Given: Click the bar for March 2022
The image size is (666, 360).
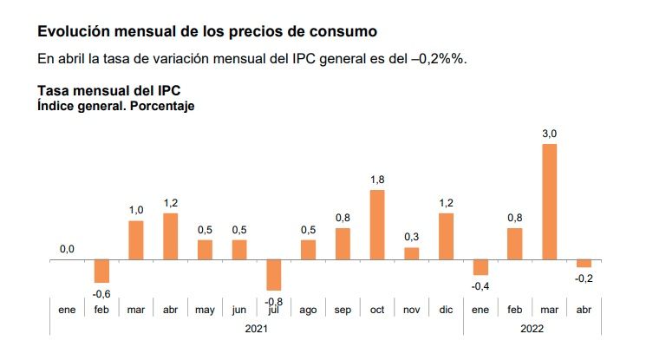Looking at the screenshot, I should click(549, 202).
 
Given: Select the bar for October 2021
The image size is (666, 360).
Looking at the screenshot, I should click(377, 225).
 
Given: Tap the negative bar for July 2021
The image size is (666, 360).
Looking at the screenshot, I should click(274, 275).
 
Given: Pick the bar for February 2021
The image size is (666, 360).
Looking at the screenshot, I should click(101, 271).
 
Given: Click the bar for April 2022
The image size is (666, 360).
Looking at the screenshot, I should click(584, 263).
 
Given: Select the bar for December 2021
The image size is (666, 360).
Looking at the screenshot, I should click(446, 236).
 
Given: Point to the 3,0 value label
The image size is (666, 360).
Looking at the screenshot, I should click(549, 133).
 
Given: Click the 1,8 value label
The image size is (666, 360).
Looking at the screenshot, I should click(377, 180).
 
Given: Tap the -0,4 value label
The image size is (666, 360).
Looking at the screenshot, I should click(480, 285).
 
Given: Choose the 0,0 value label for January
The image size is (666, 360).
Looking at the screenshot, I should click(67, 250).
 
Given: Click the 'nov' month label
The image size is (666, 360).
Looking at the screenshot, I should click(411, 309).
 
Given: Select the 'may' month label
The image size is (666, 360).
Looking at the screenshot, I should click(205, 309).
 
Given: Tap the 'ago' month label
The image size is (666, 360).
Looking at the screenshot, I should click(308, 309).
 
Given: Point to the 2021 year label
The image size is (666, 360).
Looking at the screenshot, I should click(256, 329).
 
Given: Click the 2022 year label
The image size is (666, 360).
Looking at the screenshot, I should click(532, 329).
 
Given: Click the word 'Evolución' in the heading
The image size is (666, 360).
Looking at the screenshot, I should click(71, 32).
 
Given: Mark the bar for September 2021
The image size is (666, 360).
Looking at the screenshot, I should click(343, 244).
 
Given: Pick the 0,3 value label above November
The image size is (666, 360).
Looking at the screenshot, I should click(411, 237).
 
